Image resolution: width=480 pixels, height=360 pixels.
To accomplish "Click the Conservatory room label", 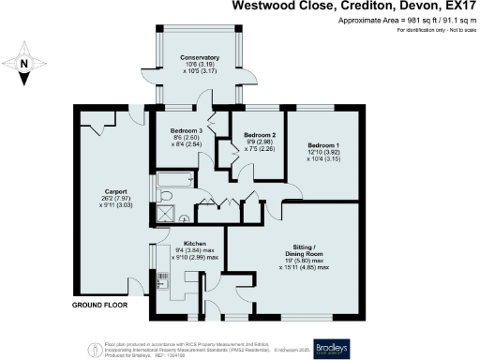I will coord(199,57).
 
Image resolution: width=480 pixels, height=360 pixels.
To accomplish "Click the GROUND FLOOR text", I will coord(101,306).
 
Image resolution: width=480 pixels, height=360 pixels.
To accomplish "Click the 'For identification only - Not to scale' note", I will coord(435,32).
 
